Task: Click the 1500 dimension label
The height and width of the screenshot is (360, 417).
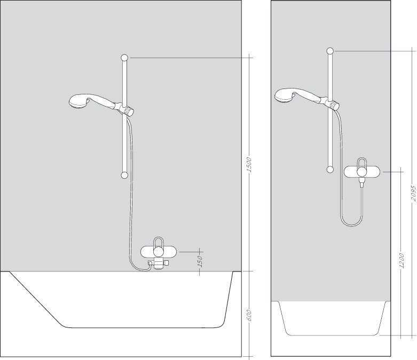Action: point(249,165)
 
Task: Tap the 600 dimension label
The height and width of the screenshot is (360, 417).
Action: point(249,315)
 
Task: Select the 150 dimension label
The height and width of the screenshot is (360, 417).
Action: point(200,261)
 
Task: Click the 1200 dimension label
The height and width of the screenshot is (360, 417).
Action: point(402,261)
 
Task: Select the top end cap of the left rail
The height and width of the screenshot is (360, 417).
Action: point(124,58)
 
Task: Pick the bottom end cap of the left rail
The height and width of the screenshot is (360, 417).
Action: point(124,175)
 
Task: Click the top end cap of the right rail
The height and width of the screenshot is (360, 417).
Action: point(330,51)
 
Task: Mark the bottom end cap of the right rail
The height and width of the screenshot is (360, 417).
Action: point(330,170)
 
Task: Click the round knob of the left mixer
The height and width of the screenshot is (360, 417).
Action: point(159,252)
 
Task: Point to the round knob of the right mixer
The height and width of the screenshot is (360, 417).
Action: point(361,172)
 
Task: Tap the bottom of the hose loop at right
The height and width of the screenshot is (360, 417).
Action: point(351,226)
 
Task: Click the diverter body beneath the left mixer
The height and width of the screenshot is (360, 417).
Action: point(159,263)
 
